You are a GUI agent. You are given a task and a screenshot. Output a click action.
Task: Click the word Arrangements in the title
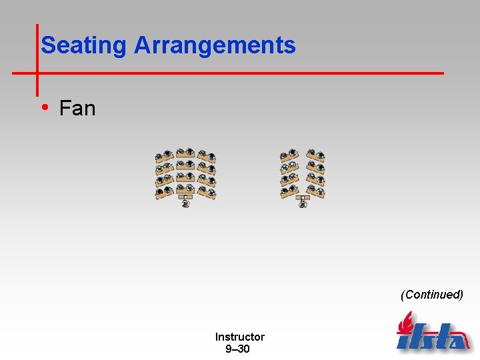pos(215,45)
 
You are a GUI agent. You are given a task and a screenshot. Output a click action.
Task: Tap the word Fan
pos(77,108)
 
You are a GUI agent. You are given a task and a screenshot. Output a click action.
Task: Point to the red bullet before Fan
pos(44,107)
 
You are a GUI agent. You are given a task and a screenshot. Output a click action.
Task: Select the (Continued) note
pos(431,294)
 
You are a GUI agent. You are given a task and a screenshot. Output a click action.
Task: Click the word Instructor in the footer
pos(239,337)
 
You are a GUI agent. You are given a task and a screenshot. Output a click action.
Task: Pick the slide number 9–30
pos(237,349)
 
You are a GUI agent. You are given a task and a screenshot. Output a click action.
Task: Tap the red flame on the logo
pos(404,322)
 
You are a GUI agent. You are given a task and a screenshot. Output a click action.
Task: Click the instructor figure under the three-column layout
pos(185,203)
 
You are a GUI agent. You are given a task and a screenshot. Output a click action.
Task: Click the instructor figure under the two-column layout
pos(303,204)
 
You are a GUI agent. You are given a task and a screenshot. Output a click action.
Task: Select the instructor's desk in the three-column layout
pos(185,197)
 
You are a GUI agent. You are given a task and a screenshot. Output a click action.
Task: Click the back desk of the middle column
pos(185,153)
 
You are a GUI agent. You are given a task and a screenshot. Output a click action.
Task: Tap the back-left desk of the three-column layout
pos(164,157)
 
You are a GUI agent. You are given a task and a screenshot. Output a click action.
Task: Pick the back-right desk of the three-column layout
pos(207,157)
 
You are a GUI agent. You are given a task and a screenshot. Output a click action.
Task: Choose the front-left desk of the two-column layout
pos(290,192)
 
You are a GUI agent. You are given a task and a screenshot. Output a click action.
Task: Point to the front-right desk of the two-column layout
pos(317,192)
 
